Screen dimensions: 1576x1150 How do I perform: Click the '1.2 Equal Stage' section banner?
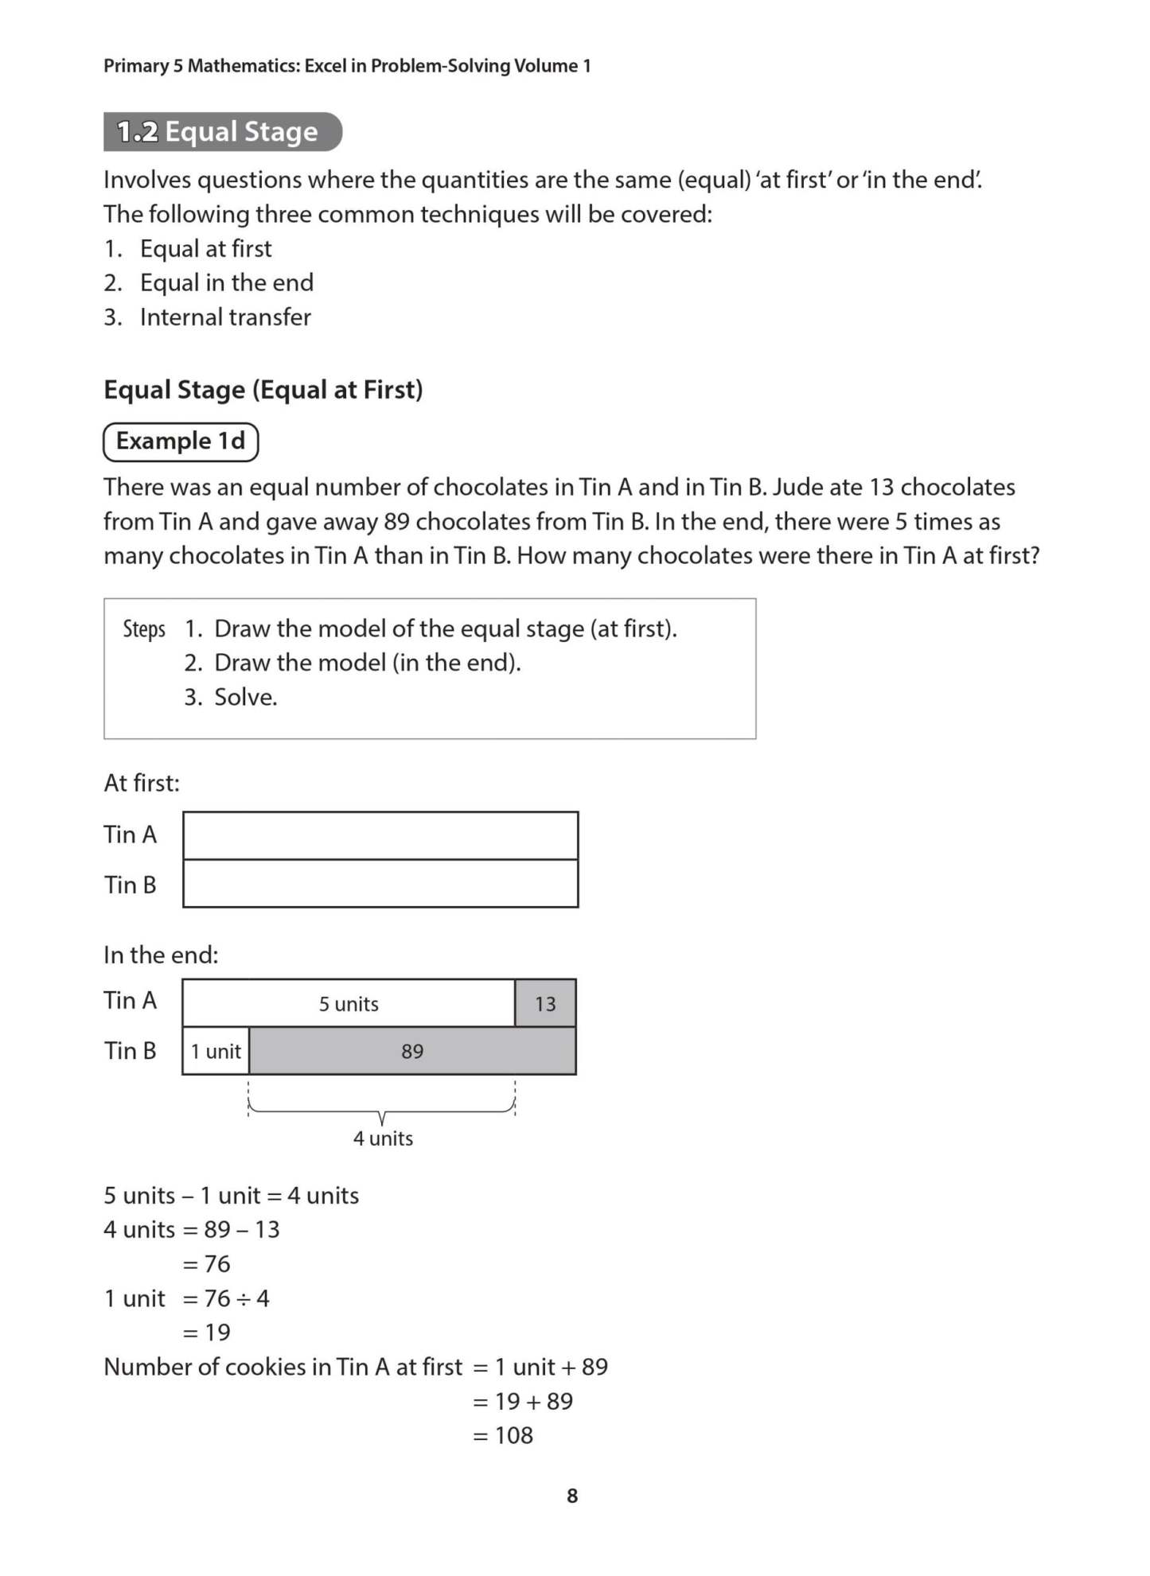point(222,132)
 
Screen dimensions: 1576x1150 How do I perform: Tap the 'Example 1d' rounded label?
point(181,442)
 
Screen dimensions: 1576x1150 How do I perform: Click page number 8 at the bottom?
point(571,1496)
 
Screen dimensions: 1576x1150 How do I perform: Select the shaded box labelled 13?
point(545,1004)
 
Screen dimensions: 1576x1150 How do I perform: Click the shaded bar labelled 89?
point(412,1052)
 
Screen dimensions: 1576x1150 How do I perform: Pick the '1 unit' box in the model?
point(216,1052)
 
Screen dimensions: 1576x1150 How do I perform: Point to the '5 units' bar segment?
point(349,1004)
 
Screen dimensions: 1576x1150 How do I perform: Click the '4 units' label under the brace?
point(383,1138)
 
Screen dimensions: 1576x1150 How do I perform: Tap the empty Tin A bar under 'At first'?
point(380,835)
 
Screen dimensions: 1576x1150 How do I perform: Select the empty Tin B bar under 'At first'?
point(380,884)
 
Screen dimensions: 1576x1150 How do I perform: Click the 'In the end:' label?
point(161,955)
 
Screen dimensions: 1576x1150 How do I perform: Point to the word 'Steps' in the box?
point(144,629)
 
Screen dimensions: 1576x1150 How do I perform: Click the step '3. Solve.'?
point(231,697)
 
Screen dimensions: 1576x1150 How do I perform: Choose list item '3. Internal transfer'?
point(208,317)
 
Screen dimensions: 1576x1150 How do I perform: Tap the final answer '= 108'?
point(503,1435)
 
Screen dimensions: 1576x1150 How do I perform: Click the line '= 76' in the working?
point(207,1263)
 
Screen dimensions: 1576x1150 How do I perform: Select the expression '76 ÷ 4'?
point(236,1298)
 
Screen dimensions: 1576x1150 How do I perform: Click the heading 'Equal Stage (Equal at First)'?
point(263,390)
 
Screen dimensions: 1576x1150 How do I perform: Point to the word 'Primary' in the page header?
point(136,66)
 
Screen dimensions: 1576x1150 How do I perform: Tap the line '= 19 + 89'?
point(523,1401)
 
